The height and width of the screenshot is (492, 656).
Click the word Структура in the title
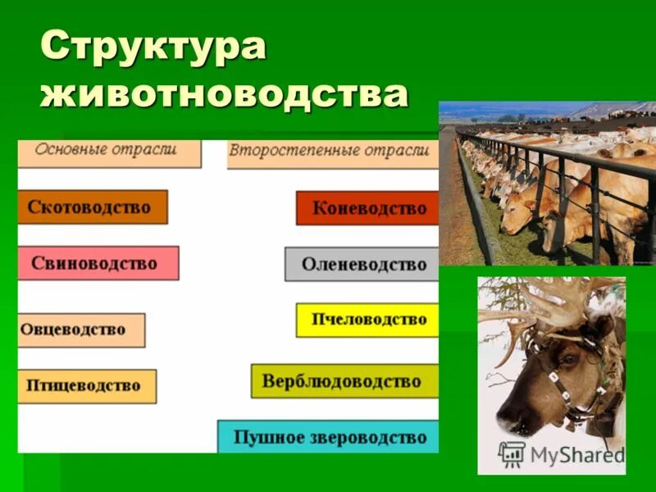(153, 48)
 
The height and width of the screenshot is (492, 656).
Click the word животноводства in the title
(224, 93)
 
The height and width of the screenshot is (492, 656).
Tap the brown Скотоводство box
(92, 207)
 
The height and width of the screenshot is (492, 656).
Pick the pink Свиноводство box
(98, 263)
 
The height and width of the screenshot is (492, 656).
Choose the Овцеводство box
(80, 330)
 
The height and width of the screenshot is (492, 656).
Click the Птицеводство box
(86, 385)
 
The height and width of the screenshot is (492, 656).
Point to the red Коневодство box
(367, 208)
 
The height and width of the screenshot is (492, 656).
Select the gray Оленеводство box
(362, 264)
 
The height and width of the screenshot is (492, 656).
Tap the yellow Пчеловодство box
(367, 320)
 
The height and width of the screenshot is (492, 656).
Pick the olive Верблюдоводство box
(344, 381)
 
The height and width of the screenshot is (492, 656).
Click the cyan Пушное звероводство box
(328, 436)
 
